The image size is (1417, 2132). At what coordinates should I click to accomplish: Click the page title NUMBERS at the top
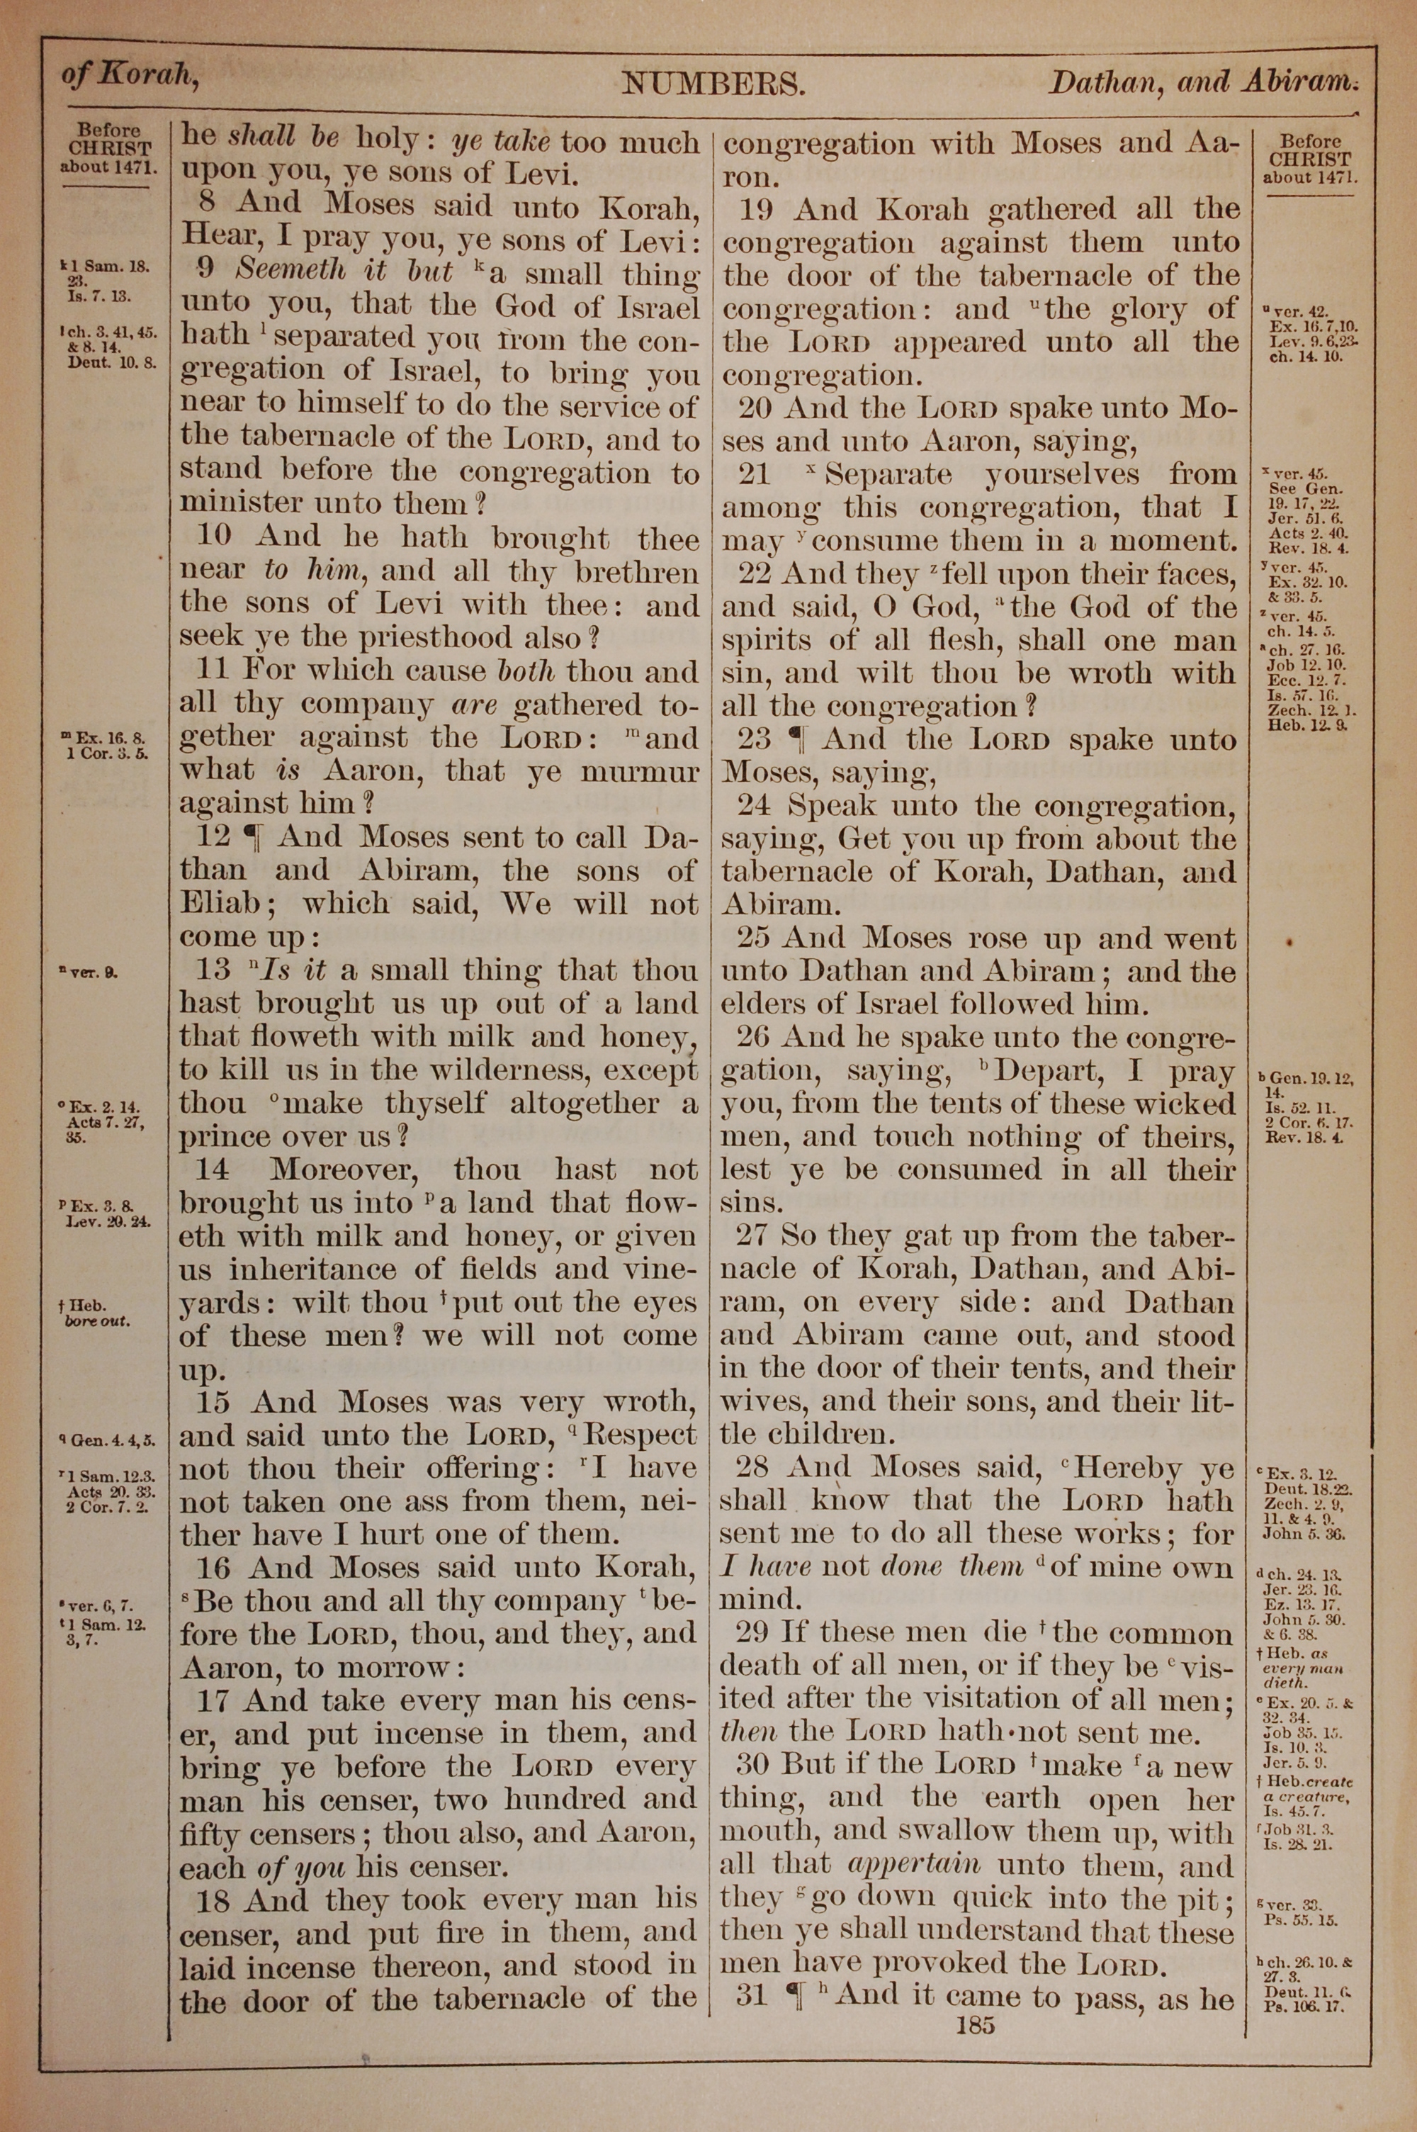pos(712,85)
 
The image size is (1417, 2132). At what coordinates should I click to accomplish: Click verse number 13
pos(214,970)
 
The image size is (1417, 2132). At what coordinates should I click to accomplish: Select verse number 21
pos(754,473)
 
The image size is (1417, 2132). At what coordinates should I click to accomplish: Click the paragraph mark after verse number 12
pos(254,837)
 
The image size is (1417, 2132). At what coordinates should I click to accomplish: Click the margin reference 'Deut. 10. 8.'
pos(112,364)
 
